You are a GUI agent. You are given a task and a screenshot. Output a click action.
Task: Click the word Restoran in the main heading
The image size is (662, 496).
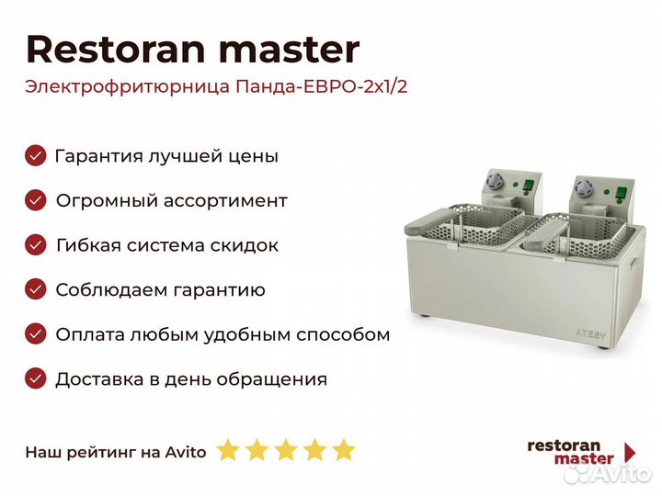click(115, 50)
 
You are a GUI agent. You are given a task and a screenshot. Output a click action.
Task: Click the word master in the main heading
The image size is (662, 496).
click(290, 51)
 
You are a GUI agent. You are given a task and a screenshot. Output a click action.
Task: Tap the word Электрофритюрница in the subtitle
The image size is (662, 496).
click(128, 87)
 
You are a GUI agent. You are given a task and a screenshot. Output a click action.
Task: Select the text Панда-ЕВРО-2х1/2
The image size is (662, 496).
click(322, 86)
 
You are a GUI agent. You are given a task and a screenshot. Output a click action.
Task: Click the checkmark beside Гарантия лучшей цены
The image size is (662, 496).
click(36, 155)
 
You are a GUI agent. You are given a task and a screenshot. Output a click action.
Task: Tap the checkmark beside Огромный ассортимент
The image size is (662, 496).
click(36, 200)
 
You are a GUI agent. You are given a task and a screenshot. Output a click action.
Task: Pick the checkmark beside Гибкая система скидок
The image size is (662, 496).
click(36, 245)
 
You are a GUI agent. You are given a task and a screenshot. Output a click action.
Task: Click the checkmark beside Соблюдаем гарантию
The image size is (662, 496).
click(36, 289)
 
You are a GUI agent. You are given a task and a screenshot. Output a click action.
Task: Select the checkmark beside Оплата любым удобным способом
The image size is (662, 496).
click(36, 334)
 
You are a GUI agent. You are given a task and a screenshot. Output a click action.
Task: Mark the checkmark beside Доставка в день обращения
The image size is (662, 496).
click(36, 378)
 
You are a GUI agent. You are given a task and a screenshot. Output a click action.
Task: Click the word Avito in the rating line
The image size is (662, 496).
click(186, 452)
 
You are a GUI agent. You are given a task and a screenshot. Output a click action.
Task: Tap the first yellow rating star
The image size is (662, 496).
click(228, 449)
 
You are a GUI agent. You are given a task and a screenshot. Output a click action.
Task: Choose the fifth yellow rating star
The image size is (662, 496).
click(344, 449)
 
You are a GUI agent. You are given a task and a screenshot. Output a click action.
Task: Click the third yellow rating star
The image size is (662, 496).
click(286, 449)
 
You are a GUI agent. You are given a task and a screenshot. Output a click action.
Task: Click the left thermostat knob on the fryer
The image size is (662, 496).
click(494, 182)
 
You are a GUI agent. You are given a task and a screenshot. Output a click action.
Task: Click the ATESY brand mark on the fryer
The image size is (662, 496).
click(590, 333)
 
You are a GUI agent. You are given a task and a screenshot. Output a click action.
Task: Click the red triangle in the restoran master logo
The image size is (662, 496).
click(630, 453)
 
